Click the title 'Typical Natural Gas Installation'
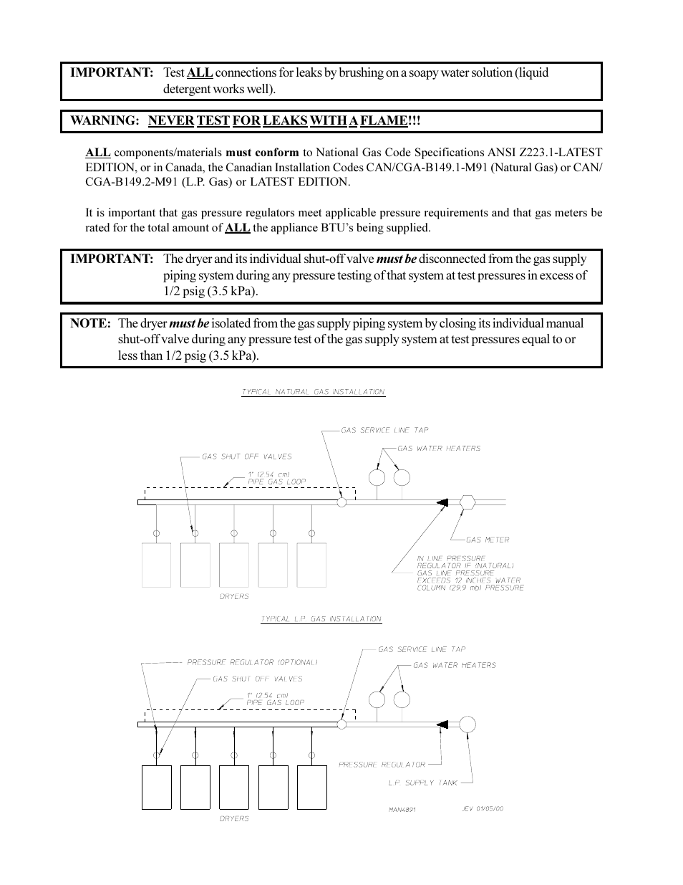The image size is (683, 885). [313, 392]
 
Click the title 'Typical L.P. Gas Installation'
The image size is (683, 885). [321, 619]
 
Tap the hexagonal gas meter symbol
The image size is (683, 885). [468, 502]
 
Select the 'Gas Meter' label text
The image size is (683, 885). [488, 540]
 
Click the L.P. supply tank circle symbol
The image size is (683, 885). [468, 724]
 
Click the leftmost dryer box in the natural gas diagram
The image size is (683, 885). [157, 565]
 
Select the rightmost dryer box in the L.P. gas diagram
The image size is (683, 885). [311, 787]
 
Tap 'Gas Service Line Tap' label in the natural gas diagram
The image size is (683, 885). [384, 431]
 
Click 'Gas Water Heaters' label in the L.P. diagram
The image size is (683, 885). [454, 666]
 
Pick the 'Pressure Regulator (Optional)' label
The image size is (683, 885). [252, 663]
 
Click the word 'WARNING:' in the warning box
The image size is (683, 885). [105, 121]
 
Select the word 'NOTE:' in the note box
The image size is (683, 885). [90, 324]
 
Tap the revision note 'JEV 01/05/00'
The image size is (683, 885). [483, 809]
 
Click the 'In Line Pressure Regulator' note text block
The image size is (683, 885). [469, 573]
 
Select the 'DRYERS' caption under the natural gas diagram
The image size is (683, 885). [234, 597]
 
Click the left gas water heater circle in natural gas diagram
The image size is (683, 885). [377, 477]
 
